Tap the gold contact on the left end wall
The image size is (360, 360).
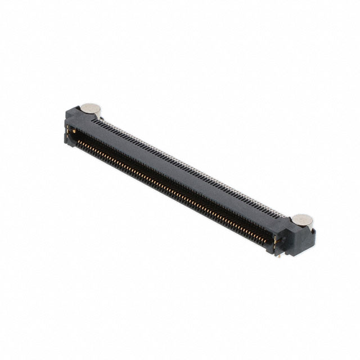coord(69,130)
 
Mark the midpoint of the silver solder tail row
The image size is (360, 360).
coord(194,167)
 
